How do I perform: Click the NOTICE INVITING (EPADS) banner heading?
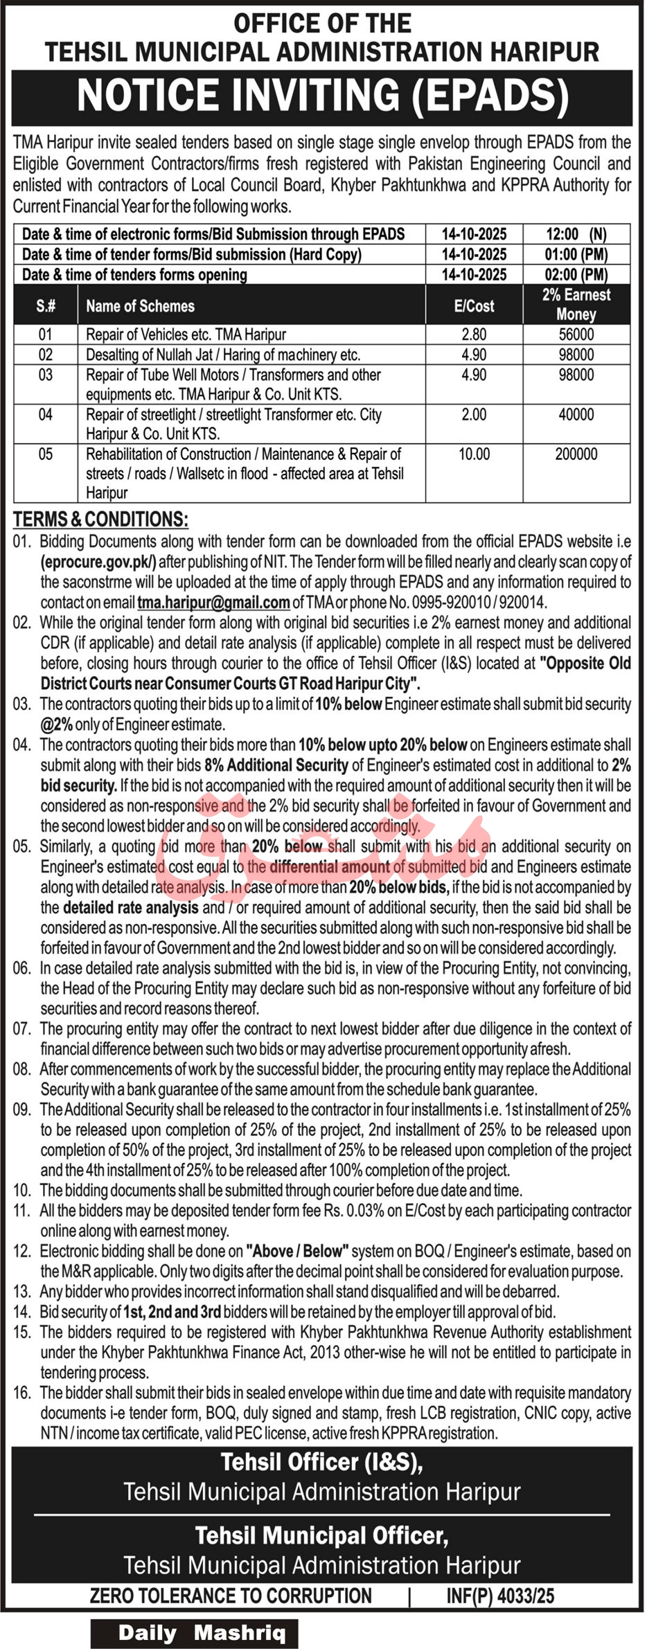(x=323, y=97)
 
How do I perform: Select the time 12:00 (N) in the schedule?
(x=576, y=234)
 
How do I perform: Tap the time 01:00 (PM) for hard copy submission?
(x=576, y=254)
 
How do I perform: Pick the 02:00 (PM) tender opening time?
(x=576, y=274)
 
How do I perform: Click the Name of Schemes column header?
(x=140, y=306)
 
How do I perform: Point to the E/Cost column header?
(x=474, y=306)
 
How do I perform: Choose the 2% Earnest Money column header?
(x=576, y=305)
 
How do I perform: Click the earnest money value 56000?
(x=576, y=335)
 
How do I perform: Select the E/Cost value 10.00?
(x=474, y=454)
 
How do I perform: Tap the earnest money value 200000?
(x=576, y=454)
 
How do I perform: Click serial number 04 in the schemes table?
(x=45, y=415)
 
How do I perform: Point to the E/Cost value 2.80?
(x=474, y=335)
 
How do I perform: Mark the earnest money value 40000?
(x=576, y=415)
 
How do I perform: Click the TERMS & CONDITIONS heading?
(x=100, y=519)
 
